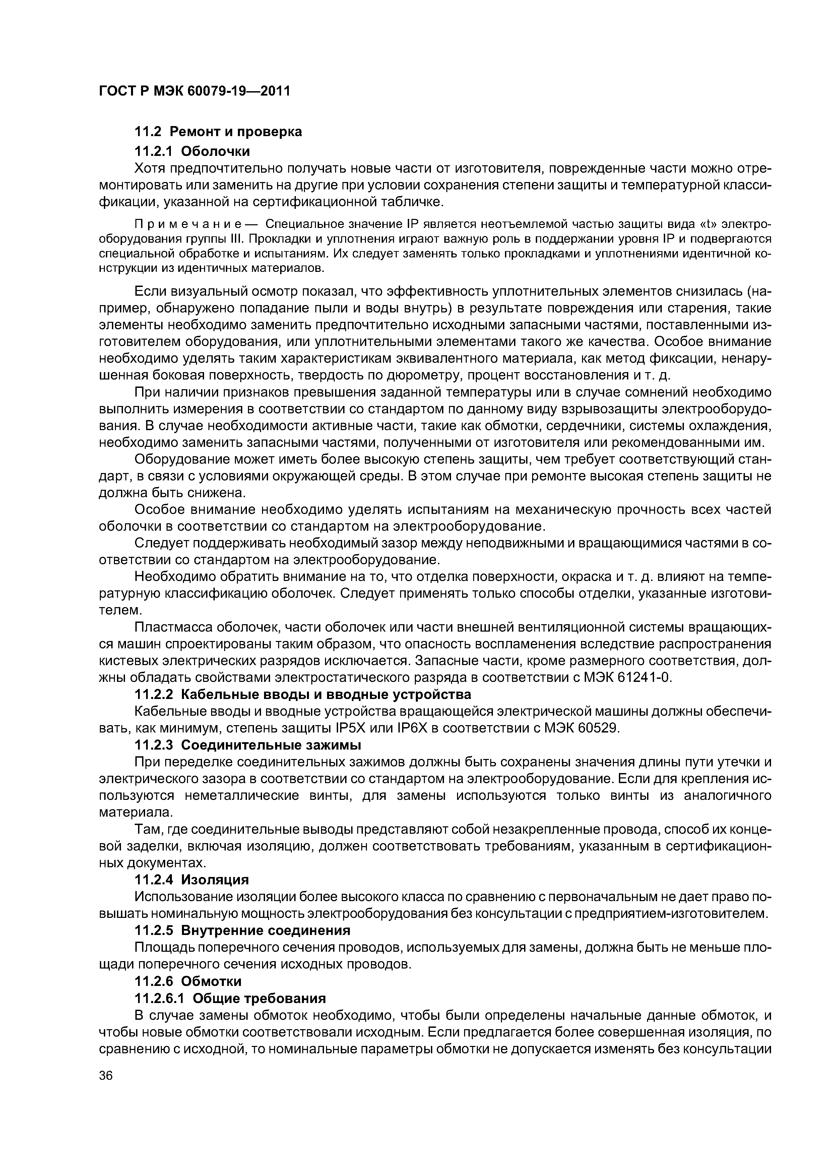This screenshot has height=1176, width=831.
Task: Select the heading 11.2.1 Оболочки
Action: pyautogui.click(x=192, y=151)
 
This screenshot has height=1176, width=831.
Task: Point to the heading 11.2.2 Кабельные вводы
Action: pyautogui.click(x=303, y=695)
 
